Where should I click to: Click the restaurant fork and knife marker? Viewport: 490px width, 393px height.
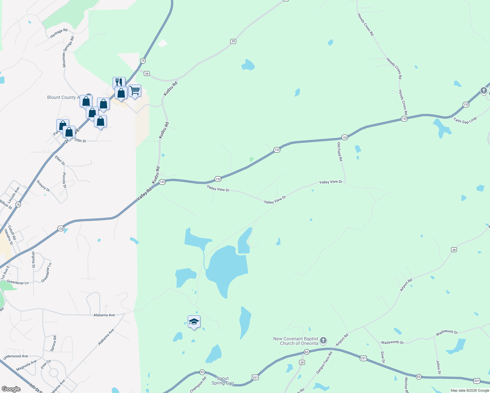pos(119,82)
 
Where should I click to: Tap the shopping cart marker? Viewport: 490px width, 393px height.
pos(135,90)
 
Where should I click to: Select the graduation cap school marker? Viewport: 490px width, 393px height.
pos(194,322)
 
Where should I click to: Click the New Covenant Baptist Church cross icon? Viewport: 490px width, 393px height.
pos(323,341)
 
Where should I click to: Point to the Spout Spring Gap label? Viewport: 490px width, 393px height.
pos(223,381)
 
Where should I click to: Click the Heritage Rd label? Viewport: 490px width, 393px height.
pos(59,33)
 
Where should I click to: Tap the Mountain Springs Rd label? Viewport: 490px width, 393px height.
pos(68,52)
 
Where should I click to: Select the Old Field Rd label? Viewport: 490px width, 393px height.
pos(340,151)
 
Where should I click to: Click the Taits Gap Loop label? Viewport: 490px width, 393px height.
pos(465,121)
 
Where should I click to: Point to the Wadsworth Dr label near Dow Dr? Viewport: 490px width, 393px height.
pos(392,342)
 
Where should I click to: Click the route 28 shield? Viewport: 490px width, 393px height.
pos(454,250)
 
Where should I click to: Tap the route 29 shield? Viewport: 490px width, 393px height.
pos(302,362)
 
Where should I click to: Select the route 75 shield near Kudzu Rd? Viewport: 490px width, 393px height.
pos(143,61)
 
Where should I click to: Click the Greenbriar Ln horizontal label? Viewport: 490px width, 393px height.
pos(18,282)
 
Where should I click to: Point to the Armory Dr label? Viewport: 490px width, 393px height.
pos(43,186)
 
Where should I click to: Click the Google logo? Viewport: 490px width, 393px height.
pos(11,389)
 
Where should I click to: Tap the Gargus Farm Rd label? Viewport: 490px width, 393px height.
pos(324,363)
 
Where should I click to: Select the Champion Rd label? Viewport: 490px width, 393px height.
pos(198,384)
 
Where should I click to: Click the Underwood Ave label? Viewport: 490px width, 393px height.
pos(16,356)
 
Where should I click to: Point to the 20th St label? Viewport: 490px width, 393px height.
pos(80,141)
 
